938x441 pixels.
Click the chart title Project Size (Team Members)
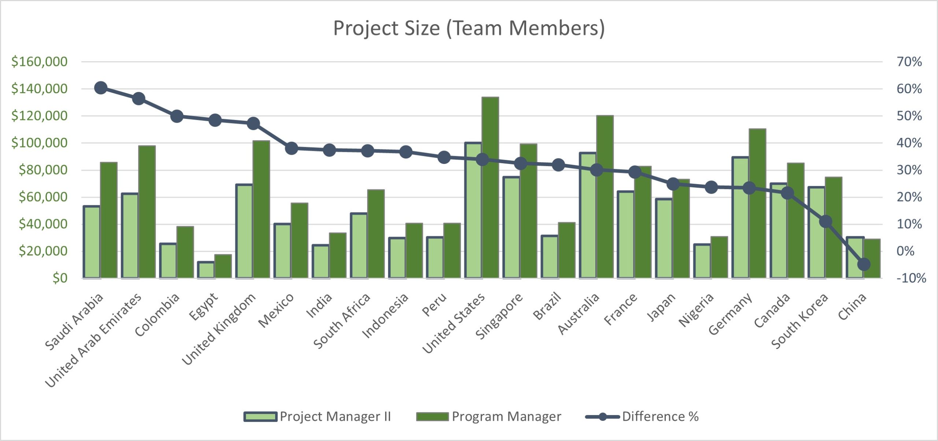pyautogui.click(x=469, y=28)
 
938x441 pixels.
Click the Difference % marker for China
pyautogui.click(x=864, y=264)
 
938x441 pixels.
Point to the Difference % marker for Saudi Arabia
pyautogui.click(x=101, y=88)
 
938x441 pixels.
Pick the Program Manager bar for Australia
pyautogui.click(x=605, y=198)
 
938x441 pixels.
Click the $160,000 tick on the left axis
pyautogui.click(x=40, y=61)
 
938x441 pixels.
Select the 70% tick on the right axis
pyautogui.click(x=909, y=61)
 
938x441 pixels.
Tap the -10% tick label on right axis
pyautogui.click(x=911, y=278)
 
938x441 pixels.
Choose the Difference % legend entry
pyautogui.click(x=642, y=416)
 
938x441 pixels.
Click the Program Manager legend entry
pyautogui.click(x=489, y=416)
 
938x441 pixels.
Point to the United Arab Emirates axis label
pyautogui.click(x=93, y=340)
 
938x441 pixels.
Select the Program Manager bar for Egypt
pyautogui.click(x=223, y=266)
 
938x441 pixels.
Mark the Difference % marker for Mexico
pyautogui.click(x=291, y=148)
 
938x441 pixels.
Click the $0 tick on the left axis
pyautogui.click(x=60, y=278)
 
